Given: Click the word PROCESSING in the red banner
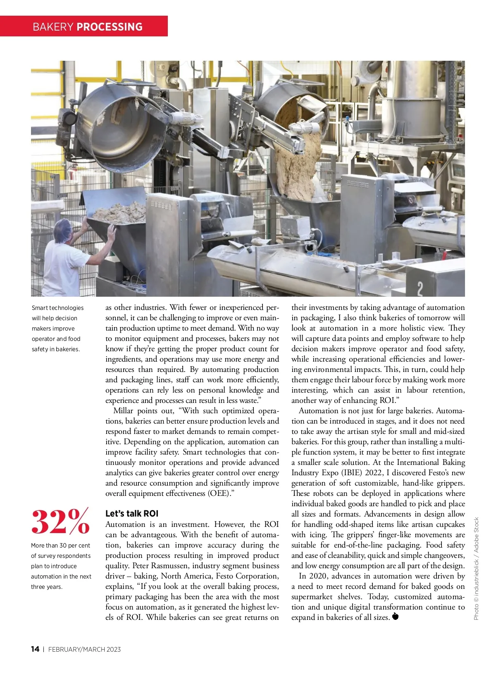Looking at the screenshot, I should (110, 27).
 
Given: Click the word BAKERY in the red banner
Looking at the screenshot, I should (53, 27).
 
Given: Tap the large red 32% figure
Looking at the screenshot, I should (60, 522).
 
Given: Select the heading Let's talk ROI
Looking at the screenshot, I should (132, 514).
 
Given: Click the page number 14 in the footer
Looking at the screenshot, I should (35, 649).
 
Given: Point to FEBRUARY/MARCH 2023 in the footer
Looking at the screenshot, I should (84, 650).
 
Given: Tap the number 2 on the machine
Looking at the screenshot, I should (420, 288).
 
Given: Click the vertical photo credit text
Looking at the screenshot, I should (476, 569).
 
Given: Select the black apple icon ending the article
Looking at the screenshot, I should (396, 617).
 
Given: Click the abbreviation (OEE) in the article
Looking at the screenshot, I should (219, 493).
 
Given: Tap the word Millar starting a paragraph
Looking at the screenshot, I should (123, 411).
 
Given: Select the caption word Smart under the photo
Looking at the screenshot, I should (40, 308).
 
